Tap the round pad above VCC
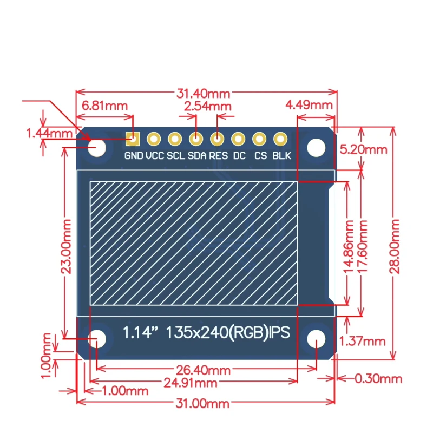pyautogui.click(x=154, y=140)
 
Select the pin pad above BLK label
pyautogui.click(x=280, y=140)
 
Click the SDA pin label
pyautogui.click(x=196, y=156)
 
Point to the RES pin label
pyautogui.click(x=218, y=156)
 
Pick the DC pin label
pyautogui.click(x=239, y=156)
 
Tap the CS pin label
pyautogui.click(x=260, y=156)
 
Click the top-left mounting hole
pyautogui.click(x=98, y=148)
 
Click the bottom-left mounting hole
pyautogui.click(x=100, y=338)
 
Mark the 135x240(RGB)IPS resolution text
pyautogui.click(x=228, y=332)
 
